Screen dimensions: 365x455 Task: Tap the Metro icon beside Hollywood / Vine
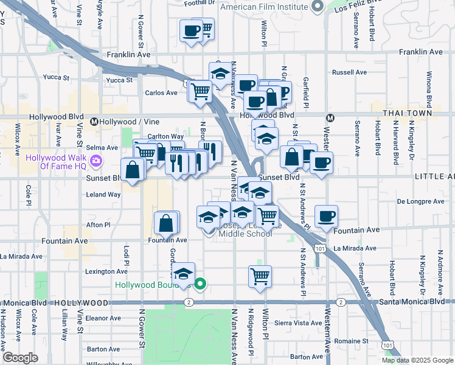point(95,122)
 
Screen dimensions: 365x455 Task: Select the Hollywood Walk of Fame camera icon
point(96,161)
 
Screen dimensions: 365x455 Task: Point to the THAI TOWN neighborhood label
point(408,113)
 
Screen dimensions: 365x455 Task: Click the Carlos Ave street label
point(161,93)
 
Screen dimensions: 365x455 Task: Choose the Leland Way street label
point(103,195)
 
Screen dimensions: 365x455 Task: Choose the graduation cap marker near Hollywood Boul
point(183,274)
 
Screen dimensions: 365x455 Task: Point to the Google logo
point(21,357)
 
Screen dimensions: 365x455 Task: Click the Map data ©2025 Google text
point(417,360)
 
